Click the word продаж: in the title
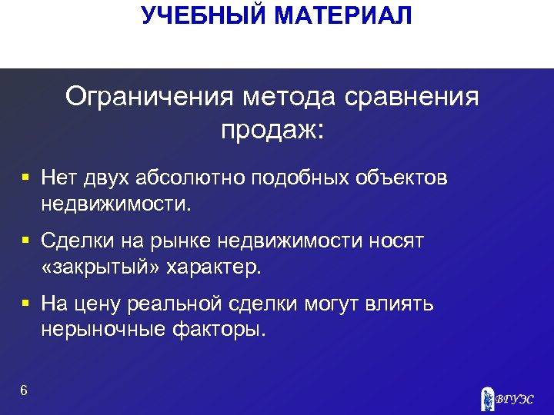pos(273,128)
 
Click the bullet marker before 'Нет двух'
pos(25,178)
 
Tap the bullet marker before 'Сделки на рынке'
pos(25,241)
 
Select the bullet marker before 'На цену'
pos(25,304)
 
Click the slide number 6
pos(24,390)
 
